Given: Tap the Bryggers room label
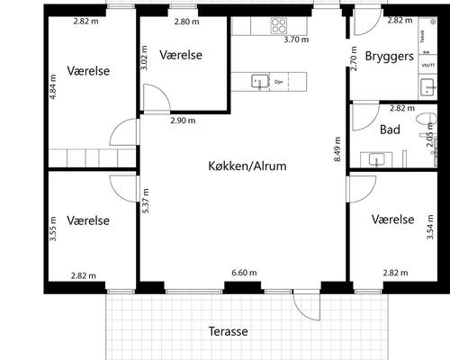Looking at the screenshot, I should pos(389,56).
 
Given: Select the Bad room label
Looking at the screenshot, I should pos(390,130).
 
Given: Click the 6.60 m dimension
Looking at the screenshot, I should pos(244,273).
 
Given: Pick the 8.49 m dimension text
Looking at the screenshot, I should pos(337,150).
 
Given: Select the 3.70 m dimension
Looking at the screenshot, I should pos(296,40).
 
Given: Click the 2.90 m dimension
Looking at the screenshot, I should pos(183,120).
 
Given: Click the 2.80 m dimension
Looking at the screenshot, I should pos(187,21).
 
